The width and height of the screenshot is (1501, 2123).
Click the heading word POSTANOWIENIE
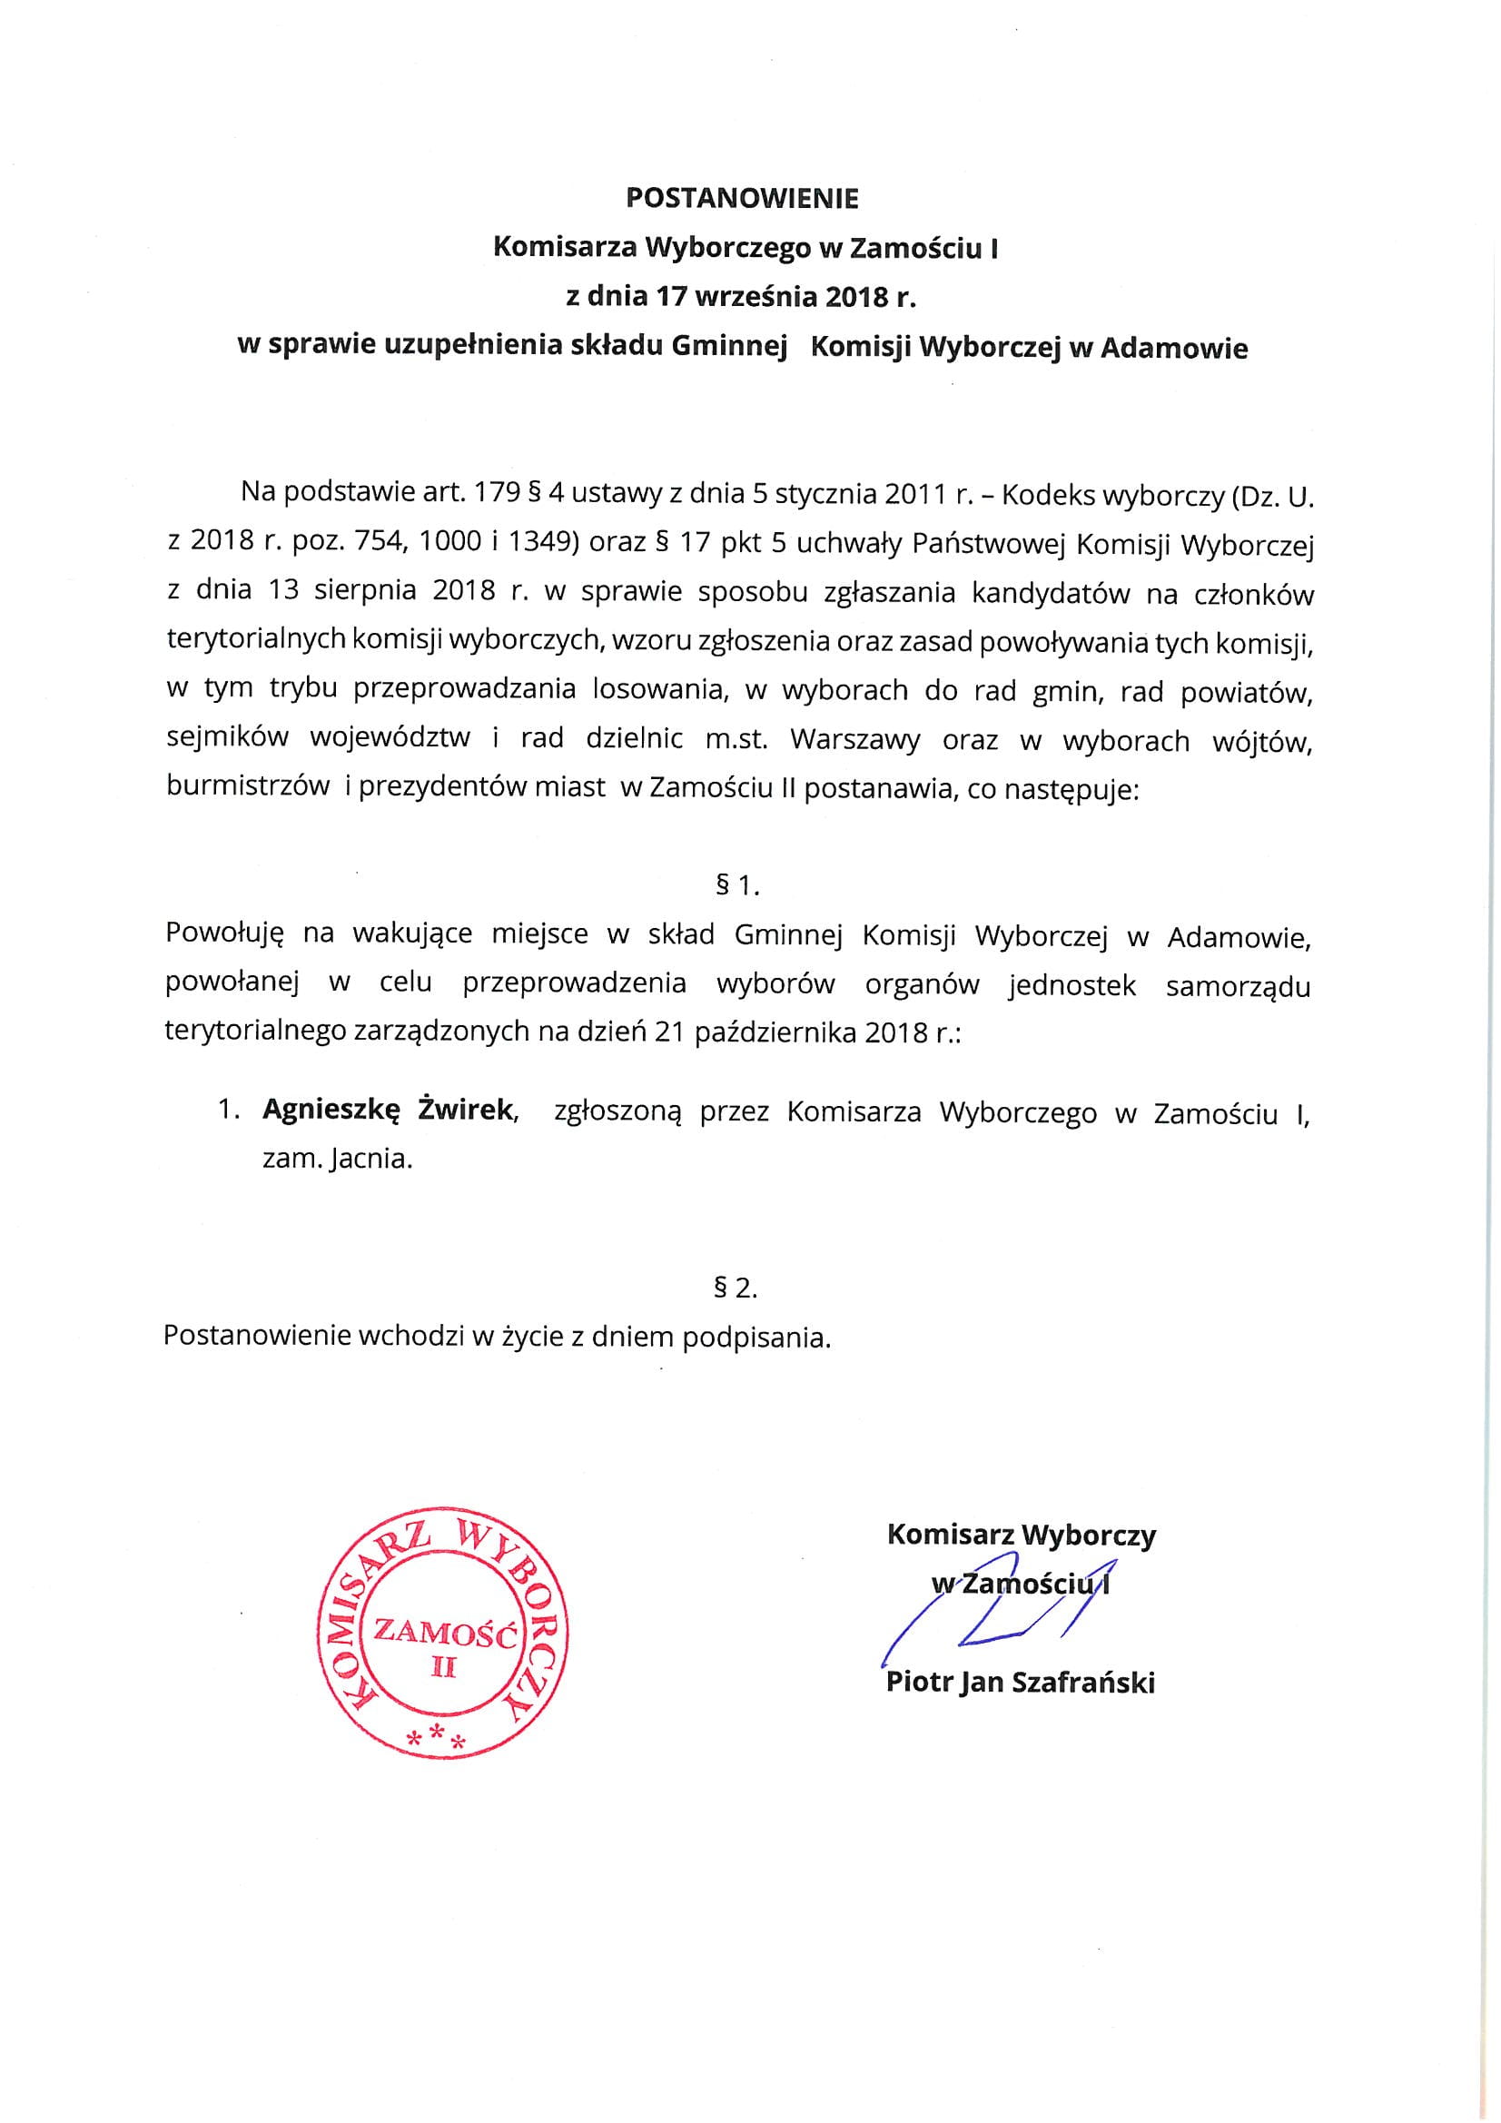[742, 199]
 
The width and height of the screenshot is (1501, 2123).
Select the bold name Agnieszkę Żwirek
[389, 1109]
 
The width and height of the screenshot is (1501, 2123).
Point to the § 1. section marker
[737, 886]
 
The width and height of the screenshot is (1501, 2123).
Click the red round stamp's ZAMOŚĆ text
[443, 1633]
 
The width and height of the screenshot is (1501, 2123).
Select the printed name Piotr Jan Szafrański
[1020, 1682]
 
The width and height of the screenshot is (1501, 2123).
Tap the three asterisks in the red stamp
[438, 1736]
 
